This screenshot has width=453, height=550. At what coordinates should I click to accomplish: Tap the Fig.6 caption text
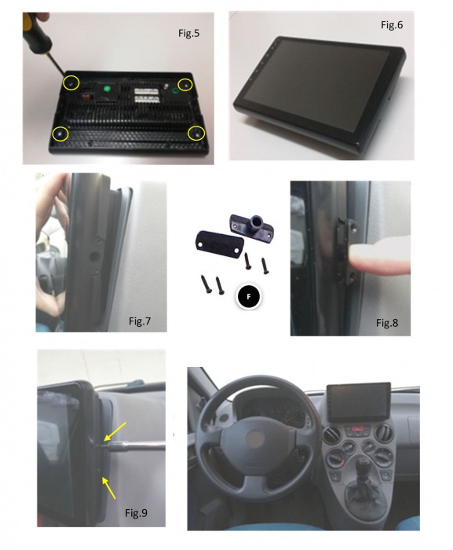point(392,25)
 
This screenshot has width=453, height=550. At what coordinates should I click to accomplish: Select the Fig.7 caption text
point(144,321)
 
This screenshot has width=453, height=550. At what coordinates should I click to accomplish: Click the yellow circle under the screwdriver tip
point(71,82)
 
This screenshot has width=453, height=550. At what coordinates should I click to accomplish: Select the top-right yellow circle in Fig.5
point(186,83)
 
